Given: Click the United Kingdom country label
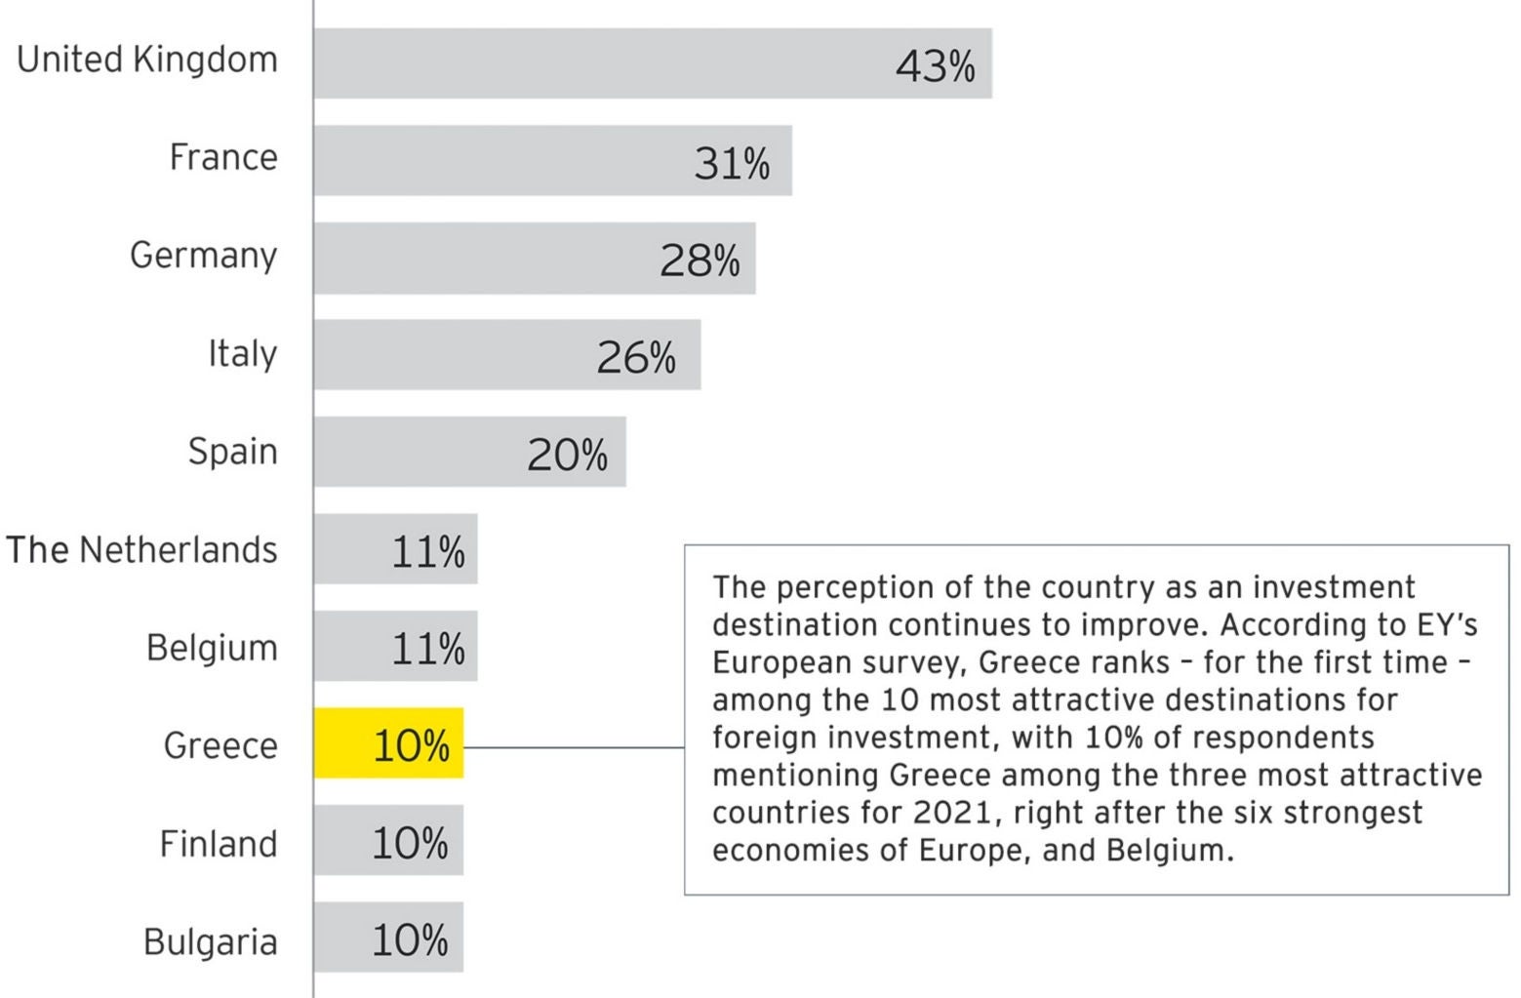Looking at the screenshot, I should coord(147,60).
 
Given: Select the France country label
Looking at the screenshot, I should coord(223,157).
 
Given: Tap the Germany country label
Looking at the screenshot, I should coord(203,256).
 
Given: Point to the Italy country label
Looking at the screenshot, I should coord(242,353).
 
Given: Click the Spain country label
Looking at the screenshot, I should coord(232,452).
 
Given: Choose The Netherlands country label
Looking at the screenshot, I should coord(141,550).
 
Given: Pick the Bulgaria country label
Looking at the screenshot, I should coord(210,942).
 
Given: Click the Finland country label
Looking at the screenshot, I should coord(218,844).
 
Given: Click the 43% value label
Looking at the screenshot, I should coord(935,66).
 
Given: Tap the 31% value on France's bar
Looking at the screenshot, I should coord(732,163).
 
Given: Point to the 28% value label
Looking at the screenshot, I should coord(700,260).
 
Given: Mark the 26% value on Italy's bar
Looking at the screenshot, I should coord(636,358).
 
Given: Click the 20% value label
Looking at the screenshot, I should coord(567,455).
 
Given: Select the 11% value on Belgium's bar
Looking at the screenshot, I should coord(427,649).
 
